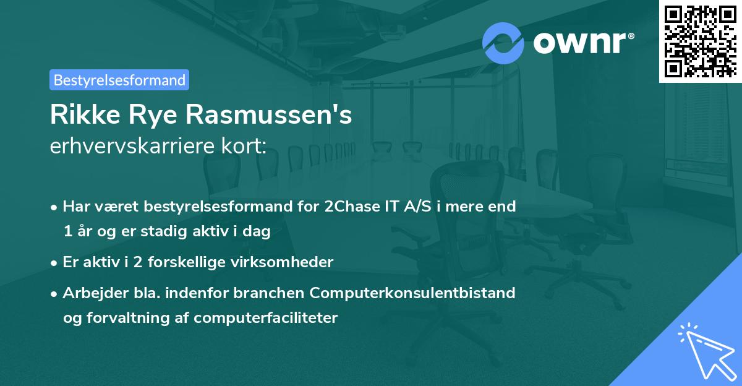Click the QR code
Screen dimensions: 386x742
pos(700,41)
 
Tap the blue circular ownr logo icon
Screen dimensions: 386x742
pos(503,43)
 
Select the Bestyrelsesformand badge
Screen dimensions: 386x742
pos(119,80)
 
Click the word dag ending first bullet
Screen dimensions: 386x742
pos(258,231)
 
